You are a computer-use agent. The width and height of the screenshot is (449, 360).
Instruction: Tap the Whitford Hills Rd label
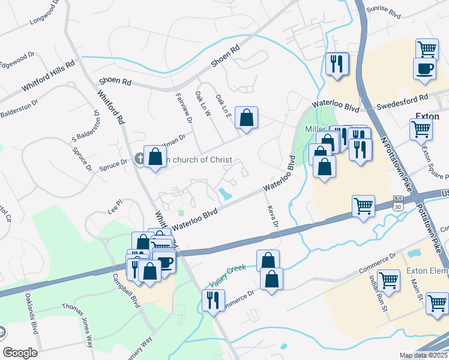click(48, 75)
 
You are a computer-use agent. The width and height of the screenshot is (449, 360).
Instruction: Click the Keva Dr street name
click(271, 216)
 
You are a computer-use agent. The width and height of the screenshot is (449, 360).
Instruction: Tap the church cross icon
click(139, 159)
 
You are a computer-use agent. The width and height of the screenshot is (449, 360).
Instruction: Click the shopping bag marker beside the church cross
click(155, 157)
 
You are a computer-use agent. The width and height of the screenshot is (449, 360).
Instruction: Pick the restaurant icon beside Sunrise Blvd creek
click(336, 63)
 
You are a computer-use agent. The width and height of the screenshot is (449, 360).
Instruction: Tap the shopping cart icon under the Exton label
click(421, 128)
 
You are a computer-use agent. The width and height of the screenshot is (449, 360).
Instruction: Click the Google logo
click(20, 352)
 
